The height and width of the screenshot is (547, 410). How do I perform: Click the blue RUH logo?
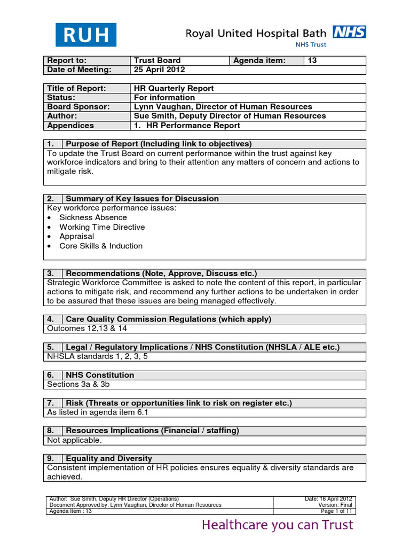[86, 35]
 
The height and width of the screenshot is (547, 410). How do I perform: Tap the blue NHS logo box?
[350, 33]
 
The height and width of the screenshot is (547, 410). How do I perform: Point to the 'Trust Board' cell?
[157, 61]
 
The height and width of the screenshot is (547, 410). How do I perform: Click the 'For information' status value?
[164, 98]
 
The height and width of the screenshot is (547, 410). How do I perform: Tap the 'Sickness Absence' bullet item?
[93, 217]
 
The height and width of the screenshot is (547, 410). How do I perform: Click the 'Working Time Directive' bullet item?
[102, 227]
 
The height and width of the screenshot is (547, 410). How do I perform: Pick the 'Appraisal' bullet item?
[76, 236]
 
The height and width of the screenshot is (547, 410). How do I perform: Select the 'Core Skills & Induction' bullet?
[101, 246]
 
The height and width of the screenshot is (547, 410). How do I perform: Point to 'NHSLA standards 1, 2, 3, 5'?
[98, 356]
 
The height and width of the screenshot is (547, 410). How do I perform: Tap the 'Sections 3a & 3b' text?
[79, 384]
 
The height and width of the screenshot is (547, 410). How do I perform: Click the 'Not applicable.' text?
[75, 440]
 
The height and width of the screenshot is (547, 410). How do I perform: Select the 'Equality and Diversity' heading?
[108, 458]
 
